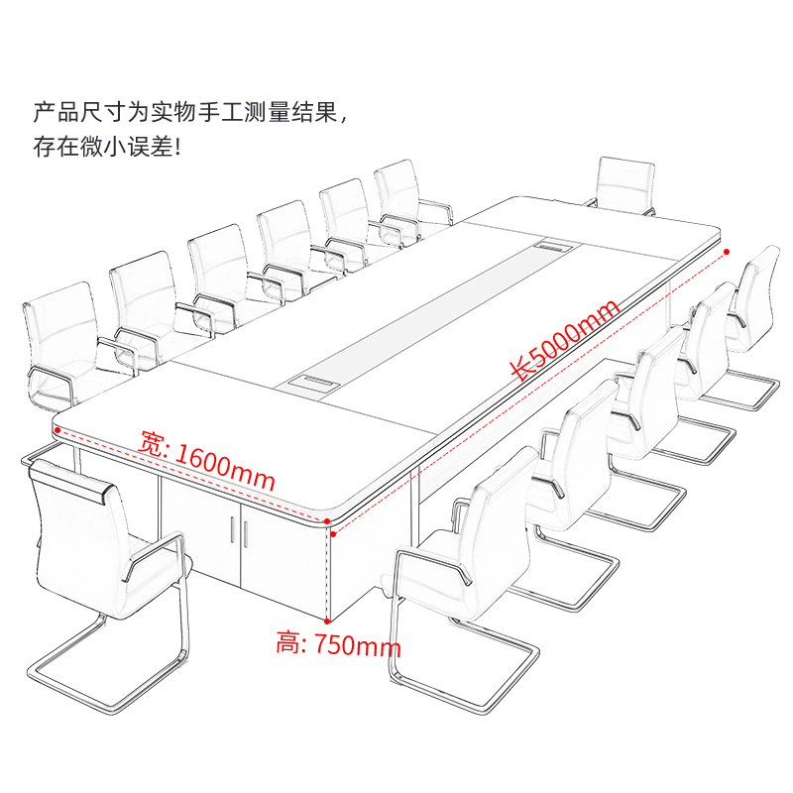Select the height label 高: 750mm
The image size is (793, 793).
click(x=338, y=645)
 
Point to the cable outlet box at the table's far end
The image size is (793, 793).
click(x=548, y=243)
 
